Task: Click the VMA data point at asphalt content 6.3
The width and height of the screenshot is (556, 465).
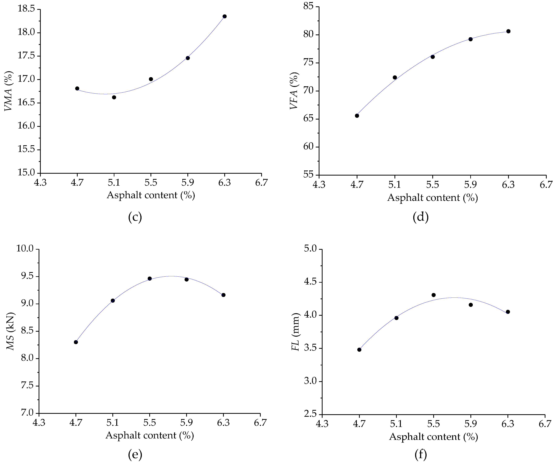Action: pyautogui.click(x=224, y=16)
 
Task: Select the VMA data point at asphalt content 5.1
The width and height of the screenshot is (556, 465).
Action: pyautogui.click(x=114, y=97)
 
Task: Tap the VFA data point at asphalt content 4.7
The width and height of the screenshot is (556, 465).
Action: pyautogui.click(x=357, y=116)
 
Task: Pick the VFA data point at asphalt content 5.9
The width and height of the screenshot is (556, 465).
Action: pyautogui.click(x=470, y=39)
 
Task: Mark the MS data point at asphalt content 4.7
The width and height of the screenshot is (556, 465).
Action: pyautogui.click(x=76, y=342)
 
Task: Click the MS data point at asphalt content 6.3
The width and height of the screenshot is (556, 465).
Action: pyautogui.click(x=224, y=295)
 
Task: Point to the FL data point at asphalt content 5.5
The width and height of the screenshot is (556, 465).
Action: pyautogui.click(x=433, y=295)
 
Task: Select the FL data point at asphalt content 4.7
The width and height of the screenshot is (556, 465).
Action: pyautogui.click(x=359, y=350)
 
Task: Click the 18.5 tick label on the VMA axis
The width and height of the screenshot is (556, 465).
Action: pyautogui.click(x=26, y=9)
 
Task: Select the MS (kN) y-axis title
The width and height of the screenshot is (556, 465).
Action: pyautogui.click(x=10, y=331)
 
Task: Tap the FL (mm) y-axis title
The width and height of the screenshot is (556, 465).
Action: pyautogui.click(x=295, y=332)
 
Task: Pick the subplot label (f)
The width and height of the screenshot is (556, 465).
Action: pyautogui.click(x=421, y=454)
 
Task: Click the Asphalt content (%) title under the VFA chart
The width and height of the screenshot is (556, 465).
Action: pyautogui.click(x=432, y=198)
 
